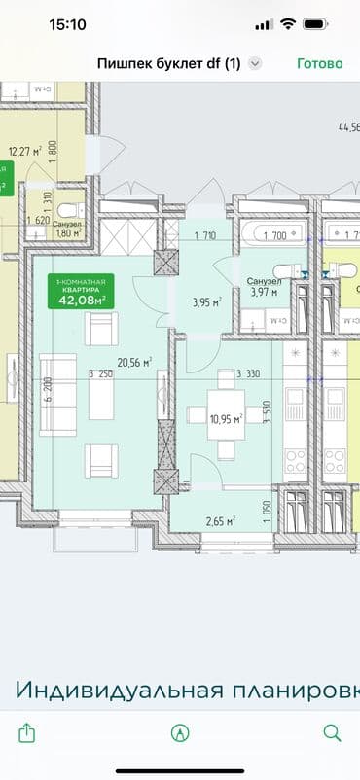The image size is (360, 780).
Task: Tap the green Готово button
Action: tap(319, 63)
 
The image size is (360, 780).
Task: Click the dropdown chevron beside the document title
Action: tap(255, 63)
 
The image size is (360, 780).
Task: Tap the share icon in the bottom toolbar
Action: tap(27, 731)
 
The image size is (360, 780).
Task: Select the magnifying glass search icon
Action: tap(332, 731)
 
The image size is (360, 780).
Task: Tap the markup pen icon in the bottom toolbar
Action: tap(179, 731)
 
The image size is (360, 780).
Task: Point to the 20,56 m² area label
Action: tap(134, 363)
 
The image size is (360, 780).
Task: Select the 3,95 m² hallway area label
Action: tap(205, 301)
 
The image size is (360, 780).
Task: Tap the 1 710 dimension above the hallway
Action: tap(204, 235)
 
